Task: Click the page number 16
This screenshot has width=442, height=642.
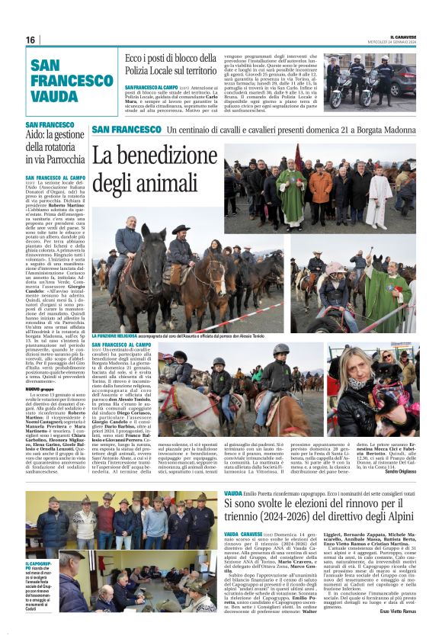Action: [x=30, y=40]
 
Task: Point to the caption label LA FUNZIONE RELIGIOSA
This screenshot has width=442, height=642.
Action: [x=116, y=335]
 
